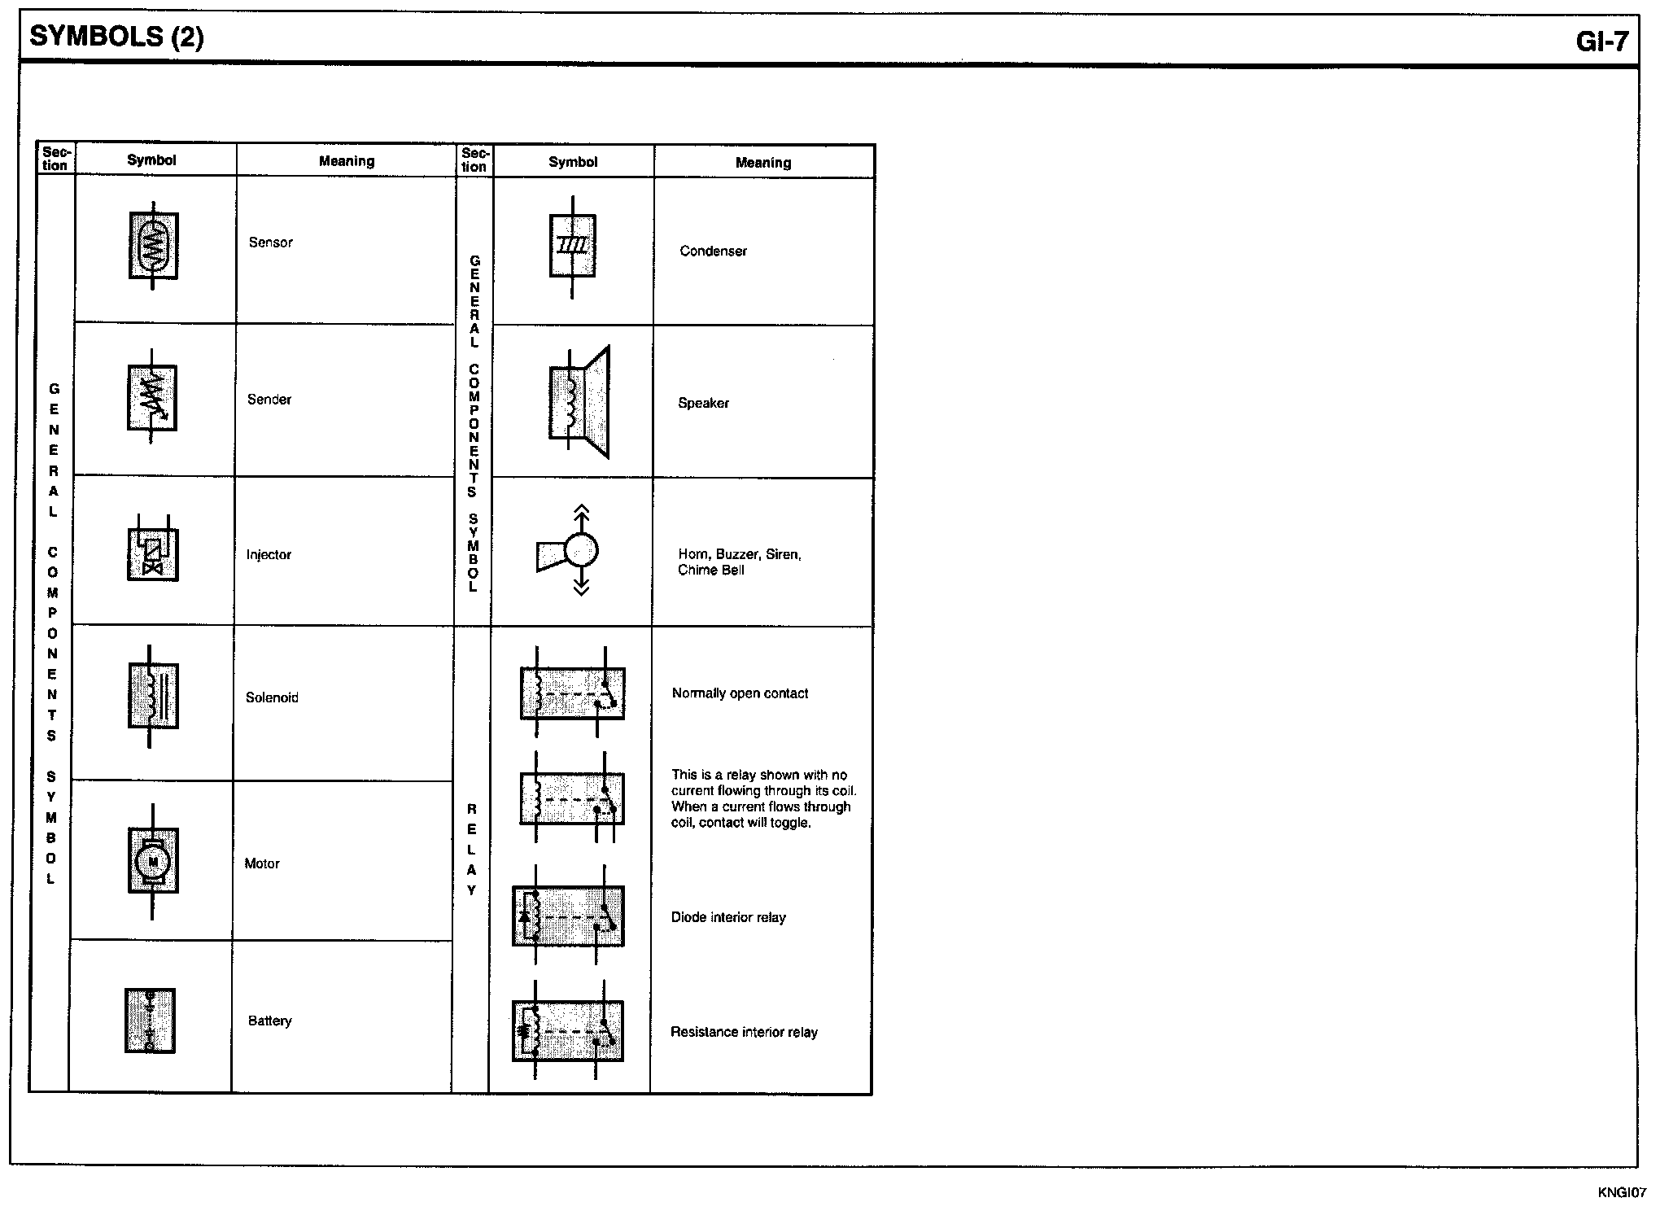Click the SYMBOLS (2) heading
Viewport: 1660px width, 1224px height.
tap(116, 37)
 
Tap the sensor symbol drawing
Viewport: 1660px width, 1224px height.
tap(154, 245)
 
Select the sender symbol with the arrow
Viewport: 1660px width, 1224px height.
tap(152, 397)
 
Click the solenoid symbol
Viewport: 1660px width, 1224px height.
tap(153, 697)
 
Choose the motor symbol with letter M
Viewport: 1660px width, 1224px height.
tap(153, 861)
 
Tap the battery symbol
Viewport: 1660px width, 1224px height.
tap(150, 1021)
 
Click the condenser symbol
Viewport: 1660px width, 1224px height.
tap(573, 247)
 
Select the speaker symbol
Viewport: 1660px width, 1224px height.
tap(579, 402)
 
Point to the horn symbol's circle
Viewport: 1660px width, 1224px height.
tap(581, 550)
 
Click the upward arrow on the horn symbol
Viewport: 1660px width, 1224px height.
tap(581, 518)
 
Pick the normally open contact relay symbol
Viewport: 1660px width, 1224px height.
tap(573, 693)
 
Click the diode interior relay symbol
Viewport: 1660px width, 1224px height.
tap(569, 916)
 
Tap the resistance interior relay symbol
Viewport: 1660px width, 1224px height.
tap(569, 1030)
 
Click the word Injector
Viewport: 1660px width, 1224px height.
tap(269, 555)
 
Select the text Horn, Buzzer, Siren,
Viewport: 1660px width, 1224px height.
tap(740, 554)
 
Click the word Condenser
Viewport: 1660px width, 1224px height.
tap(713, 251)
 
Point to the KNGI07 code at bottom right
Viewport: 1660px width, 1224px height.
tap(1622, 1192)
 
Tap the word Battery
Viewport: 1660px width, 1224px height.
tap(269, 1021)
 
